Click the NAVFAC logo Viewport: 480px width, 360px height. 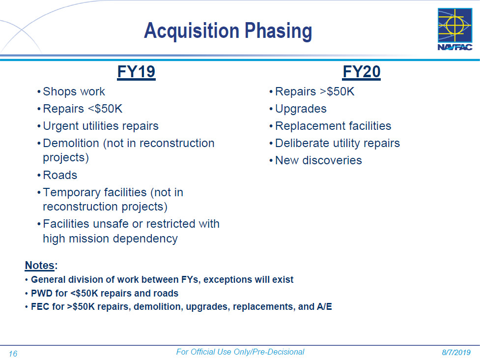tap(455, 29)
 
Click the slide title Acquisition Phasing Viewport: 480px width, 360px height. tap(228, 31)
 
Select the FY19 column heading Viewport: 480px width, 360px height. tap(136, 72)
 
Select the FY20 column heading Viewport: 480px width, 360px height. tap(362, 72)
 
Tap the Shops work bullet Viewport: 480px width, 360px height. tap(74, 91)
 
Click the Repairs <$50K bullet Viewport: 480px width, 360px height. tap(83, 109)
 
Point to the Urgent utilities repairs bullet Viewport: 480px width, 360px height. tap(101, 126)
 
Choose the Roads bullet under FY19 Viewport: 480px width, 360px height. tap(60, 175)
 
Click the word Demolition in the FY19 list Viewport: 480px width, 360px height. tap(71, 143)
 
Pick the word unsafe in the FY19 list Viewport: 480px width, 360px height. tap(116, 224)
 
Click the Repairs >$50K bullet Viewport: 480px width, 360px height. tap(315, 91)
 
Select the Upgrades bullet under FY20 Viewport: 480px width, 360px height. tap(301, 109)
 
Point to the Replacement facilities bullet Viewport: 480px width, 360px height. tap(333, 126)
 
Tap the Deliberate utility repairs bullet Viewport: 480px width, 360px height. tap(338, 144)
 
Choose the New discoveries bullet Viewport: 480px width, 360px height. tap(318, 160)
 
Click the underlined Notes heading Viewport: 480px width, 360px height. tap(40, 265)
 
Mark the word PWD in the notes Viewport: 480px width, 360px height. tap(40, 293)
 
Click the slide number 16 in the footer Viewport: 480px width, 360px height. tap(13, 354)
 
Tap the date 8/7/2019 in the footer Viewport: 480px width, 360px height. tap(456, 353)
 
